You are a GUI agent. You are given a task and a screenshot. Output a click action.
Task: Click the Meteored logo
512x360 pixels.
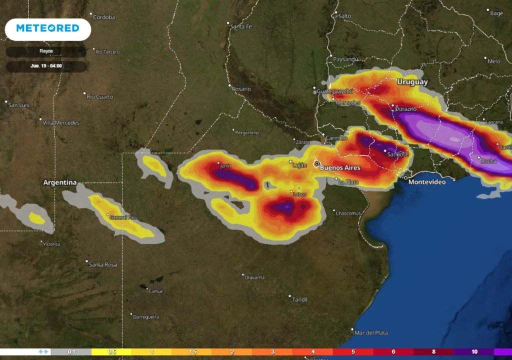click(48, 28)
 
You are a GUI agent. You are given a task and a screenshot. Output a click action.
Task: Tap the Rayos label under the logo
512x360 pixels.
click(46, 51)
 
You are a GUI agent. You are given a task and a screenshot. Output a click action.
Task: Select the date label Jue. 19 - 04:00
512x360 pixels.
click(46, 65)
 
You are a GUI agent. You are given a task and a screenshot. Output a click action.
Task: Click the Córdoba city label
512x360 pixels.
click(103, 17)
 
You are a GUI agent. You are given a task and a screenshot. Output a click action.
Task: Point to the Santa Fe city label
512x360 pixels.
click(241, 26)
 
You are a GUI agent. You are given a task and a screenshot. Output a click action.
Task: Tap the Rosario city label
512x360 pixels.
click(241, 89)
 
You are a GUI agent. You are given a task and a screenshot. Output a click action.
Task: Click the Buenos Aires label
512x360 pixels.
click(339, 167)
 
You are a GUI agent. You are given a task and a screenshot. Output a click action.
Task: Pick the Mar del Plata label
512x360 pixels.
click(370, 332)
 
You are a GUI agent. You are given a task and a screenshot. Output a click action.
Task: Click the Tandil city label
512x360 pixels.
click(299, 299)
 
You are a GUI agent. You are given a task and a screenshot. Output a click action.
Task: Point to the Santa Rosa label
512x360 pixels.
click(102, 264)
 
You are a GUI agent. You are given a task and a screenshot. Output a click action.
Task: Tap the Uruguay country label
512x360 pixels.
click(412, 81)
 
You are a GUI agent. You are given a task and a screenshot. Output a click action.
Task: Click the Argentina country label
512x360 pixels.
click(60, 182)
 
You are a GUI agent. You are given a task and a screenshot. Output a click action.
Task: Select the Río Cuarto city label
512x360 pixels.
click(100, 96)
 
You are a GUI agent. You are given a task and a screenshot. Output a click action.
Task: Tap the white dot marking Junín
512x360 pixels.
click(218, 163)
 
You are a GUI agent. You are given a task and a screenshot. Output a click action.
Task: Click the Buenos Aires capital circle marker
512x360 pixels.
click(316, 163)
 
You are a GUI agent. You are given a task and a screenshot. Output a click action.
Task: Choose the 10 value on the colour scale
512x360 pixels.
click(474, 352)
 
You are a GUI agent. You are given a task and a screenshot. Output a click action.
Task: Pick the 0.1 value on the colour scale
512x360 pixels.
click(71, 352)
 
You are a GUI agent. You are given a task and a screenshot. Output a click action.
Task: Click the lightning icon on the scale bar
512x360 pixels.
click(43, 352)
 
